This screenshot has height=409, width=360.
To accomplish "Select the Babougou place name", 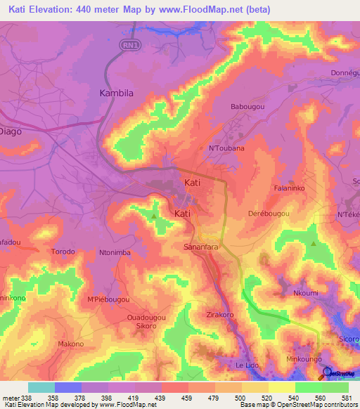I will [x=247, y=107].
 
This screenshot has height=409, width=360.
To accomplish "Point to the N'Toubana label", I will [x=226, y=148].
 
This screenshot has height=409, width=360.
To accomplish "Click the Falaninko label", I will [x=288, y=189].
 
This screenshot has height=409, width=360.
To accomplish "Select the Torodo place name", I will [x=63, y=251].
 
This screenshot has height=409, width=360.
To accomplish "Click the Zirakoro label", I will [x=219, y=315].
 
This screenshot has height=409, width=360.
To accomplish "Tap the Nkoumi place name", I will [x=306, y=294].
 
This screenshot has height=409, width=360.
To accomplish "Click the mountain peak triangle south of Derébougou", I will [x=314, y=243].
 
